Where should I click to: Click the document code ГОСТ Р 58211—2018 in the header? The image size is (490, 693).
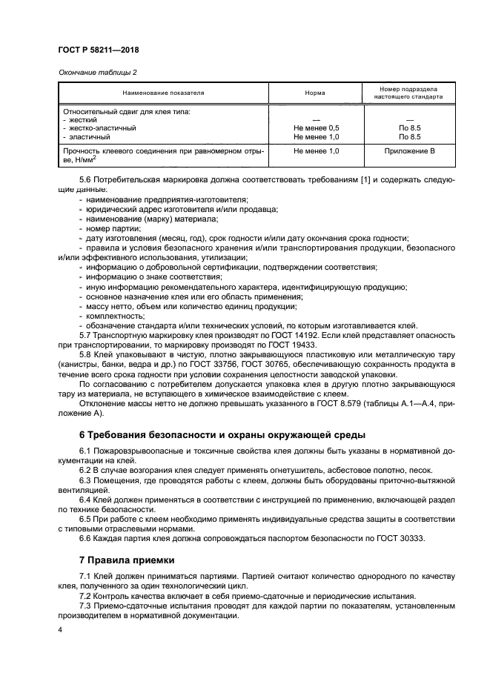[x=98, y=50]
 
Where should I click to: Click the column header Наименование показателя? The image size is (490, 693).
[x=164, y=93]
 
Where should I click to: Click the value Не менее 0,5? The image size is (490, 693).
[x=316, y=127]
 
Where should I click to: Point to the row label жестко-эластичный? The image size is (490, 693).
[x=102, y=127]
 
